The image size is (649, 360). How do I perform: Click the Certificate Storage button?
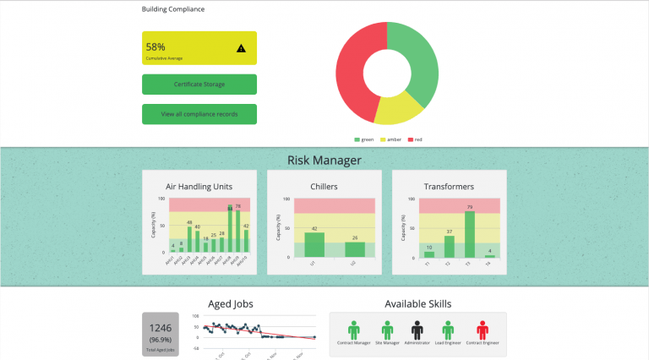(x=199, y=85)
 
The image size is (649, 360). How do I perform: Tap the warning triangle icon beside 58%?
(x=242, y=48)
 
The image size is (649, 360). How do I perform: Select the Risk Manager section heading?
(x=324, y=160)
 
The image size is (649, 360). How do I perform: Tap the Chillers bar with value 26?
(x=355, y=249)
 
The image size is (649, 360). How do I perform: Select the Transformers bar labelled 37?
(x=449, y=246)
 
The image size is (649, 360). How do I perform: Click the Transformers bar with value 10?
(x=429, y=254)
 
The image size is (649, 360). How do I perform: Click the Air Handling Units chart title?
(x=199, y=186)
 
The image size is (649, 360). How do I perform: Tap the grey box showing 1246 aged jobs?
(x=161, y=333)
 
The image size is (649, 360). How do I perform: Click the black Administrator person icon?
(x=417, y=329)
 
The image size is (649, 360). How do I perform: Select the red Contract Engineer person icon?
(x=482, y=329)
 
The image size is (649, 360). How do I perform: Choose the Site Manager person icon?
(x=387, y=329)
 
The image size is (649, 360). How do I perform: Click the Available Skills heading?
(x=417, y=303)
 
